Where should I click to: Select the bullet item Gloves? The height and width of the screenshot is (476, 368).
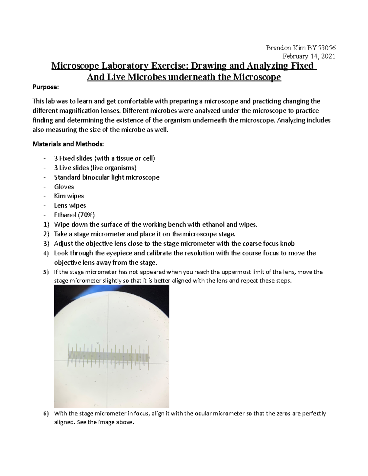click(64, 187)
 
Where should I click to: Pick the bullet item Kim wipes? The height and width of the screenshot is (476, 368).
click(69, 196)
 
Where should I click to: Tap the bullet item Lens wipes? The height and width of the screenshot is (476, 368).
click(70, 205)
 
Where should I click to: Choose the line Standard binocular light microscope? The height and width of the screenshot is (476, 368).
click(107, 177)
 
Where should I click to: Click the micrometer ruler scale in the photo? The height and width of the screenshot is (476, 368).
click(108, 356)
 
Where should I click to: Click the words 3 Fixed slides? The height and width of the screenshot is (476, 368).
click(73, 158)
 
